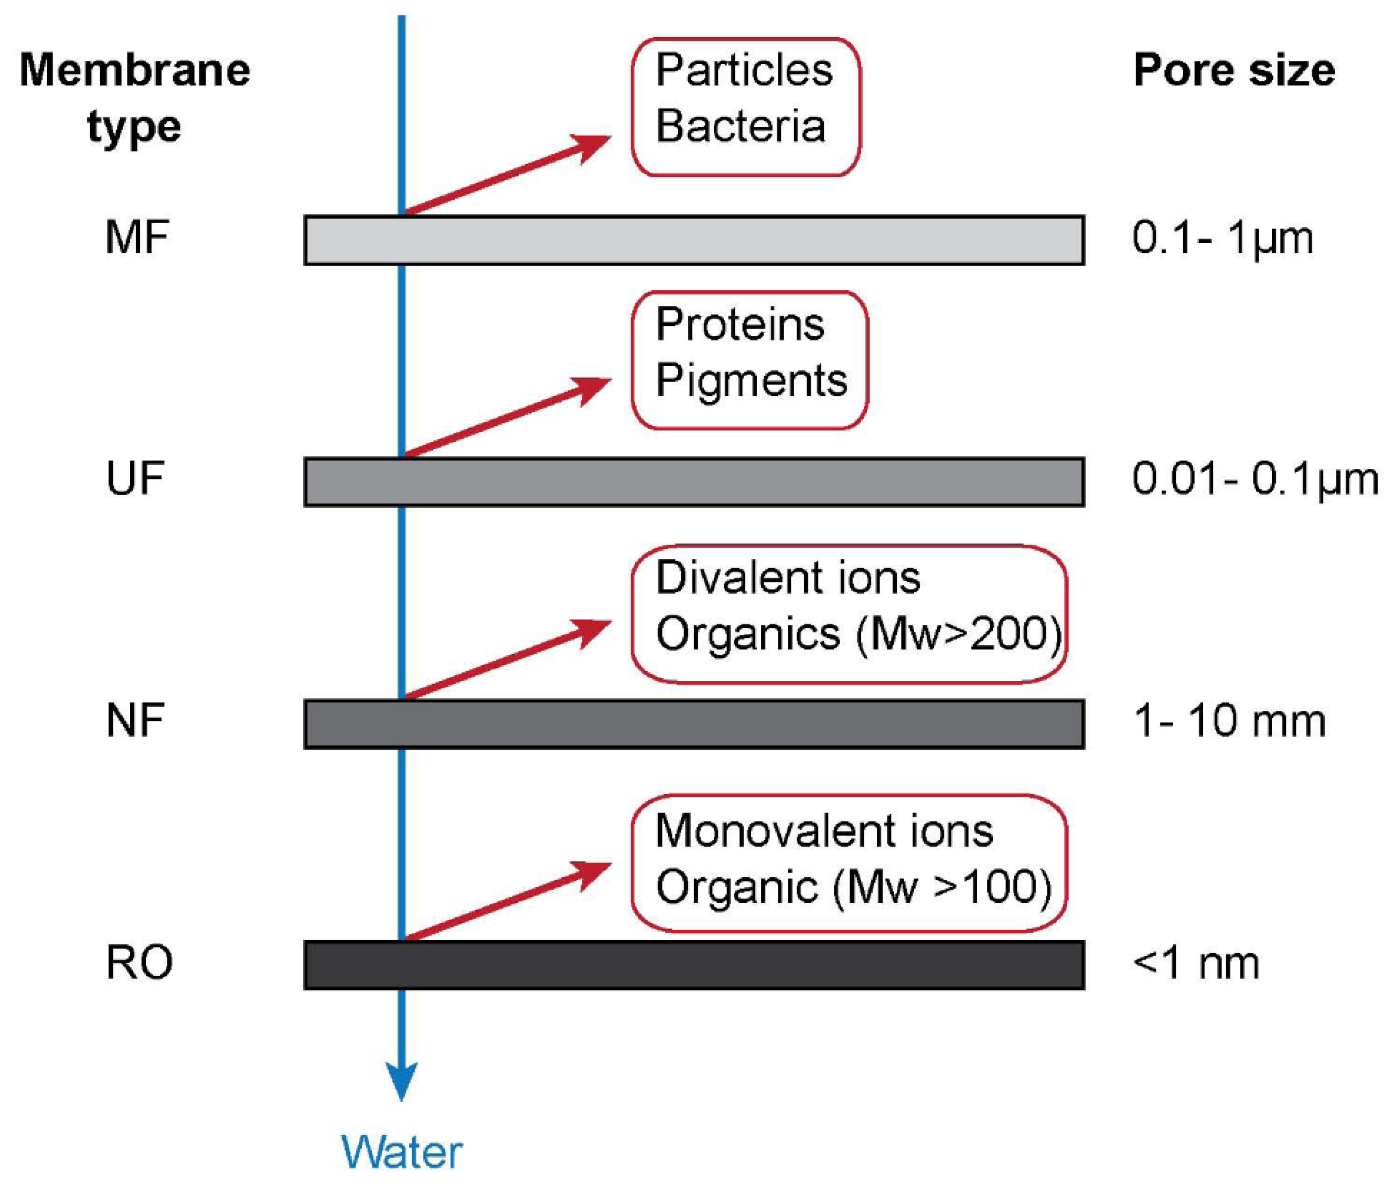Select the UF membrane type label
pyautogui.click(x=135, y=479)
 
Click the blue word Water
pyautogui.click(x=402, y=1153)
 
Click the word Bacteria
pyautogui.click(x=740, y=126)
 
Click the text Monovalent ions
pyautogui.click(x=824, y=831)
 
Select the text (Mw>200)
pyautogui.click(x=959, y=634)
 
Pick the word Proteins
pyautogui.click(x=740, y=325)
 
